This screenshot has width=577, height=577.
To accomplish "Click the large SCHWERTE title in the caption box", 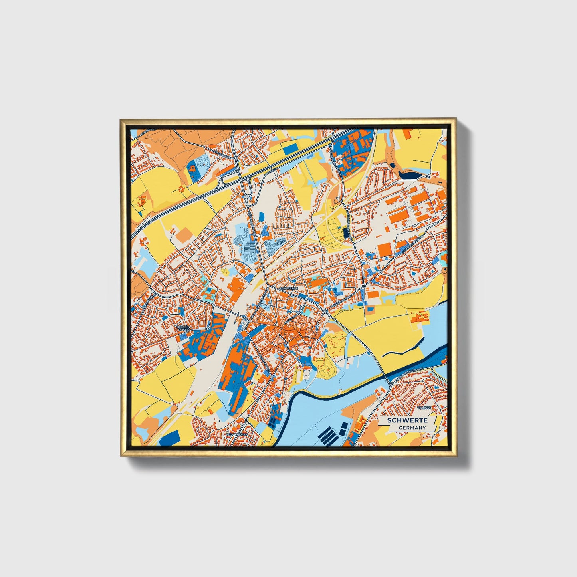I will pyautogui.click(x=407, y=420).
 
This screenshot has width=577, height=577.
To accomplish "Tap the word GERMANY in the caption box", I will pyautogui.click(x=412, y=428).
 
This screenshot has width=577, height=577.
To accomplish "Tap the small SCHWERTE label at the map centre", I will pyautogui.click(x=289, y=288).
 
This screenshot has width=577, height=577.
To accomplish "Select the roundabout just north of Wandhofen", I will pyautogui.click(x=247, y=420).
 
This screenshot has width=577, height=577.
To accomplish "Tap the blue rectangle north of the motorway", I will pyautogui.click(x=290, y=148).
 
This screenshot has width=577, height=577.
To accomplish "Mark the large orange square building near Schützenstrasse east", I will pyautogui.click(x=385, y=250).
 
